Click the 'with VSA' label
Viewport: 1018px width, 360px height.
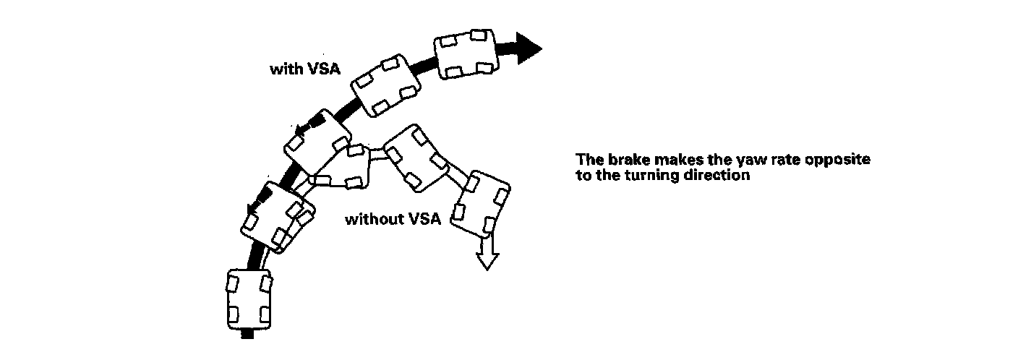point(305,69)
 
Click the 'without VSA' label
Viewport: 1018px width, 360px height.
point(393,219)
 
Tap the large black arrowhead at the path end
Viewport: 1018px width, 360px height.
point(529,48)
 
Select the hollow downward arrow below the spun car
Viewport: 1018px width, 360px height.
point(487,252)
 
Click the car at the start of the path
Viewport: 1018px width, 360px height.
point(249,299)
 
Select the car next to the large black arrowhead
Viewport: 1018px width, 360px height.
point(466,54)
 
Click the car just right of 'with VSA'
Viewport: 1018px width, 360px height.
point(386,85)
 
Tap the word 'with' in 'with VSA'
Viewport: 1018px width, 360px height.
point(286,69)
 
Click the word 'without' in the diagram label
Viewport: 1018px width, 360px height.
point(375,219)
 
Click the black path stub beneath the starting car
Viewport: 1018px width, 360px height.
point(247,334)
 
